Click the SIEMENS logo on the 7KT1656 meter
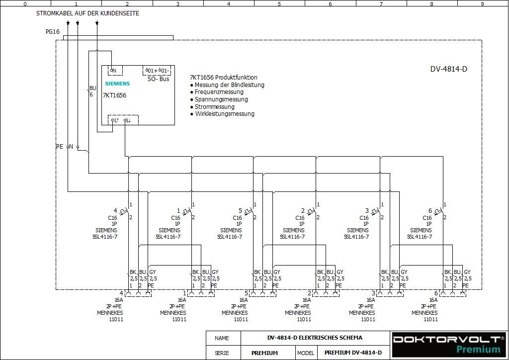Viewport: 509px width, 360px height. point(117,84)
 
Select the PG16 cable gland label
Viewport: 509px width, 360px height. point(53,31)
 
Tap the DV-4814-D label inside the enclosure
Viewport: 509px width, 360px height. point(448,69)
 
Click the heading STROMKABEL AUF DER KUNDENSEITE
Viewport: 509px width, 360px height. point(87,13)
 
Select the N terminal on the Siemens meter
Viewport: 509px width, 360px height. point(114,71)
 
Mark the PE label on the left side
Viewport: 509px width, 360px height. point(60,147)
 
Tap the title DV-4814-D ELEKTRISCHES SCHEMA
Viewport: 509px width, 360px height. point(315,338)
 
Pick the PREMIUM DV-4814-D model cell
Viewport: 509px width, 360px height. point(353,353)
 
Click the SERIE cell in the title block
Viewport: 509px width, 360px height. point(222,353)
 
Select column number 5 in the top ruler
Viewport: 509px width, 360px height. point(279,4)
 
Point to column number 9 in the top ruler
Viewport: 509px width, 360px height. point(482,4)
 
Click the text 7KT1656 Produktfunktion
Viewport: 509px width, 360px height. point(224,78)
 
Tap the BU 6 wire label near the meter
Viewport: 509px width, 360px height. point(92,91)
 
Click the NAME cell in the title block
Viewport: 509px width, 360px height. point(222,338)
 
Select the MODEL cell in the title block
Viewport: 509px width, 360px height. point(306,353)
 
